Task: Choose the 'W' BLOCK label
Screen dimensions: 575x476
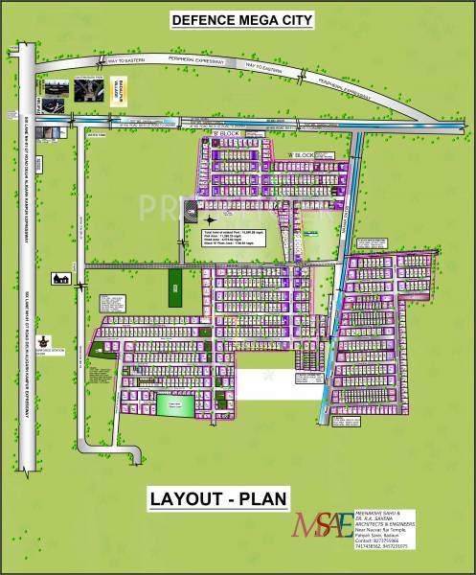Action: point(303,155)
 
